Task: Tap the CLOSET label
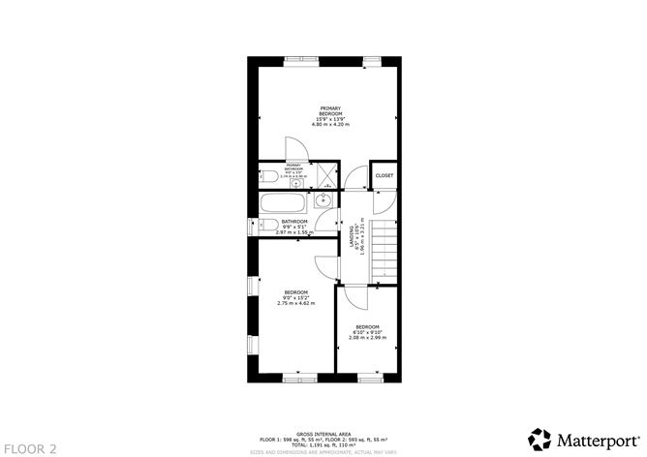[x=385, y=175]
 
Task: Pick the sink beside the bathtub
[x=323, y=202]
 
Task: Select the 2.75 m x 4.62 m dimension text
[x=295, y=304]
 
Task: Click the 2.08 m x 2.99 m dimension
[x=367, y=338]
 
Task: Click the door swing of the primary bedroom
[x=296, y=149]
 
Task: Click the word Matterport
[x=591, y=438]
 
